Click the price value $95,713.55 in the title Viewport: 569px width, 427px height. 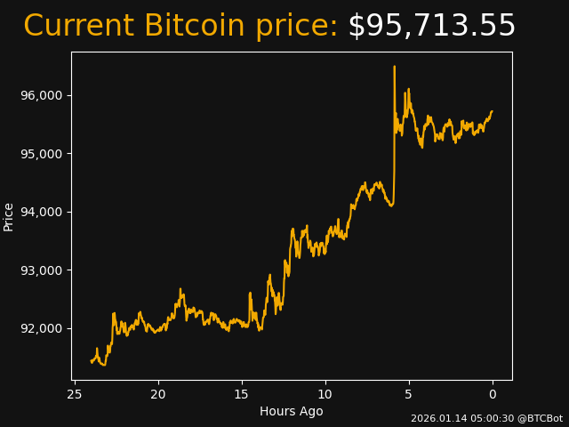click(431, 27)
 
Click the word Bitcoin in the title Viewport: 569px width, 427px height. click(194, 27)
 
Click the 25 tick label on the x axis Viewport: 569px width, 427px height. click(75, 394)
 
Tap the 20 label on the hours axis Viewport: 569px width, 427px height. click(158, 394)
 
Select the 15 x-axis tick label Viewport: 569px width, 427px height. click(242, 394)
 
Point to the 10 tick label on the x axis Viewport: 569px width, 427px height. click(325, 394)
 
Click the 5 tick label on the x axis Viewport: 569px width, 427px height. click(409, 394)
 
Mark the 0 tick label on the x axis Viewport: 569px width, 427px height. click(493, 394)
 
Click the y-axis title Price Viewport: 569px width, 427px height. click(9, 216)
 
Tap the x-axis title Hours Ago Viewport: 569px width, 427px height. click(292, 411)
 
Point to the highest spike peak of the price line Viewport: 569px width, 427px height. click(394, 66)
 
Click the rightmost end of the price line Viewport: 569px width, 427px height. click(493, 111)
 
